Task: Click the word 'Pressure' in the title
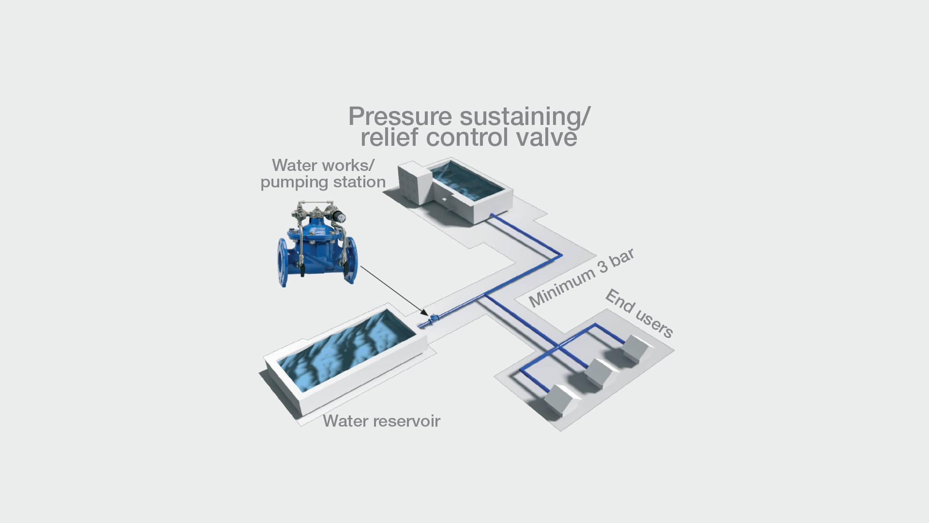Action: point(400,117)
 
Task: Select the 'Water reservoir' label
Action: point(381,421)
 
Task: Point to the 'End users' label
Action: point(639,313)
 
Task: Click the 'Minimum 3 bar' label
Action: point(581,278)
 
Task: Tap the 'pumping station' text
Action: point(323,182)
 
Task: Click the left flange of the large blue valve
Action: point(283,262)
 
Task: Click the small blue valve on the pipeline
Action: point(434,319)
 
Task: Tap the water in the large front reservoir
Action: point(346,349)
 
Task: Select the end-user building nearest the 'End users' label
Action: point(635,348)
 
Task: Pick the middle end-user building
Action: point(599,373)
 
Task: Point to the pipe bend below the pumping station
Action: point(561,255)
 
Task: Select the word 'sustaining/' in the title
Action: point(525,117)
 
